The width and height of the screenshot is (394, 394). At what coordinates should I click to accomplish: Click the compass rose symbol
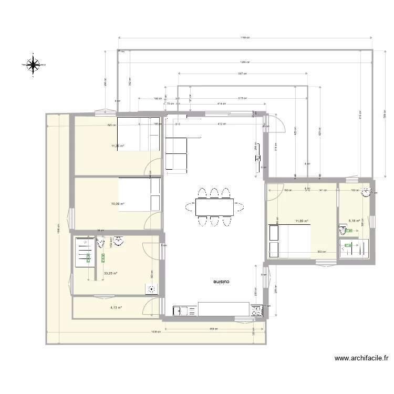click(33, 65)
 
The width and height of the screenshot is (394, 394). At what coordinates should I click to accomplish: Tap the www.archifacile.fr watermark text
click(362, 359)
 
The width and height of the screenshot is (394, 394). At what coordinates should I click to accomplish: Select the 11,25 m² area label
click(117, 146)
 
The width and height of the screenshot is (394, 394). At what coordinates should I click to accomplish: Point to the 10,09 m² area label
click(117, 204)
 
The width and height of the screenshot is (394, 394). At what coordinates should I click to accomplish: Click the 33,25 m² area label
click(110, 273)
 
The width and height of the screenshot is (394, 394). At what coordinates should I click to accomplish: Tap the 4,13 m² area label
click(116, 308)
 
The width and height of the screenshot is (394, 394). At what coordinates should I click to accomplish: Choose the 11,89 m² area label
click(302, 221)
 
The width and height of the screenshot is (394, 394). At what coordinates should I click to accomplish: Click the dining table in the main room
click(214, 206)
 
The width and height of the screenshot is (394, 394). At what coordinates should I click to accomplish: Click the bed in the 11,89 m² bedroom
click(289, 241)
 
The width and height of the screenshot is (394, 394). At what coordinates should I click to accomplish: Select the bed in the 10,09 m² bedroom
click(140, 194)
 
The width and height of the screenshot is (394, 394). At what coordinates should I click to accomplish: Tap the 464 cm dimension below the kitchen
click(212, 329)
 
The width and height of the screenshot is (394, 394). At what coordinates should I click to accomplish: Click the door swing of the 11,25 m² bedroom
click(153, 167)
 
